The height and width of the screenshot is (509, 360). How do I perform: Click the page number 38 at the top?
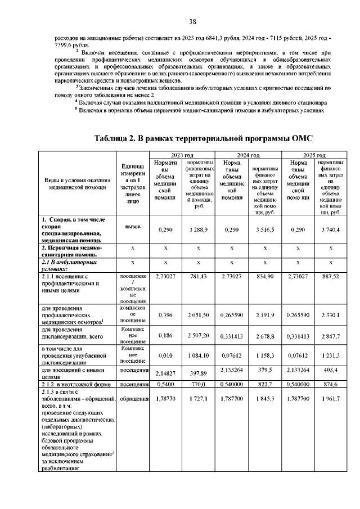pos(192,21)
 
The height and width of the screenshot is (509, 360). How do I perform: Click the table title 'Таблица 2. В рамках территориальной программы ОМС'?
pos(203,138)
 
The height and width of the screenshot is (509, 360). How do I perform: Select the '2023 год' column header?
pos(182,155)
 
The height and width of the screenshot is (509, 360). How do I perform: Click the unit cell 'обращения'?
pos(133,398)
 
